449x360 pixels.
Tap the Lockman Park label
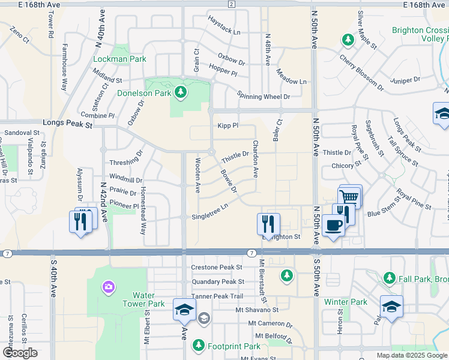[x=120, y=59]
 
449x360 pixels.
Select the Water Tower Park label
[x=148, y=299]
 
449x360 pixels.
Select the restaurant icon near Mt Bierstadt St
[x=268, y=224]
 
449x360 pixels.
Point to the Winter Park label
[x=345, y=302]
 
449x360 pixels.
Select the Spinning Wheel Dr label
[x=264, y=96]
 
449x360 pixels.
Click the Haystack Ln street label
[x=223, y=32]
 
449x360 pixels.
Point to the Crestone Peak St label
[x=216, y=267]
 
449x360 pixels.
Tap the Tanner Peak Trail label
[x=217, y=296]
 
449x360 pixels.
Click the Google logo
[x=20, y=353]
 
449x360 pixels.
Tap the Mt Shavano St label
[x=257, y=310]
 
